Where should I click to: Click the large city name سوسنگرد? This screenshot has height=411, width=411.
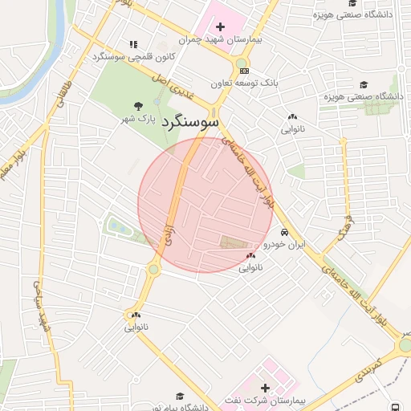[x=189, y=123]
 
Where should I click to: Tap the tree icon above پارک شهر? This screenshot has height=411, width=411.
[x=140, y=105]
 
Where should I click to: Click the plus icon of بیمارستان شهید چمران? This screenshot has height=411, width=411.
[x=221, y=27]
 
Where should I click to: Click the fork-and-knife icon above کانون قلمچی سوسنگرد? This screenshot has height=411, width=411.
[x=133, y=44]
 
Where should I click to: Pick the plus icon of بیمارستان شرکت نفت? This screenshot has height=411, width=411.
[x=265, y=388]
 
